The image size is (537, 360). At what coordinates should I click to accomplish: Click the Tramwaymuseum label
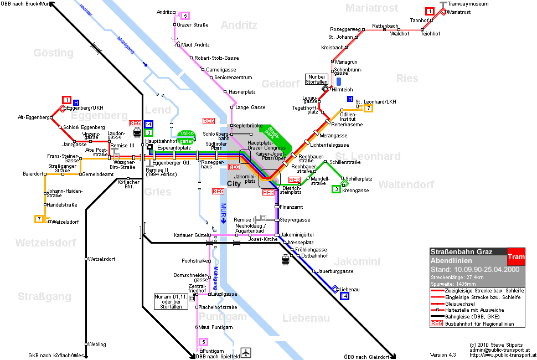click(468, 4)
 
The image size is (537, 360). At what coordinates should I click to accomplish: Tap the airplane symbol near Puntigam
click(246, 352)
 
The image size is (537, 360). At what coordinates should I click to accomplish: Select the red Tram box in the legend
click(516, 256)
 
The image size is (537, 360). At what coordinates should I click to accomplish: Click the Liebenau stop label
click(349, 290)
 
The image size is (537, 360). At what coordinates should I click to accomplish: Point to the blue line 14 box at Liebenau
click(344, 296)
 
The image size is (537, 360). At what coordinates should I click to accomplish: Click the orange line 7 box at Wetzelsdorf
click(39, 219)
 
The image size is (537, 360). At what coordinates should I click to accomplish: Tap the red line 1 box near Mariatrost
click(430, 11)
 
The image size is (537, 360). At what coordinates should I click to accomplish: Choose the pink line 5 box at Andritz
click(185, 16)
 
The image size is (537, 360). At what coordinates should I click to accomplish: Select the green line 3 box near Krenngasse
click(336, 189)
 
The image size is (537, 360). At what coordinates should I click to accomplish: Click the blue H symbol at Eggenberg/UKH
click(76, 102)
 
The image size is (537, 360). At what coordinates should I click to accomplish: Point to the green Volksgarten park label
click(187, 137)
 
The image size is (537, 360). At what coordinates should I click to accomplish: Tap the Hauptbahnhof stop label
click(161, 141)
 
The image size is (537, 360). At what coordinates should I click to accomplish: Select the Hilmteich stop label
click(342, 89)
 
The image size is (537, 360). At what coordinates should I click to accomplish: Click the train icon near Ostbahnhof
click(285, 260)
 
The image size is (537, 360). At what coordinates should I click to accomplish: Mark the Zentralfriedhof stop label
click(197, 288)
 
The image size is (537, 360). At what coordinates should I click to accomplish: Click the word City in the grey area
click(234, 183)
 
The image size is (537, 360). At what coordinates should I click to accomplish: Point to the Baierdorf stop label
click(33, 174)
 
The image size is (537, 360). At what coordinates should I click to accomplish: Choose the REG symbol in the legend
click(437, 323)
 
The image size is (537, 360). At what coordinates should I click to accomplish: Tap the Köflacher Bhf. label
click(128, 184)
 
